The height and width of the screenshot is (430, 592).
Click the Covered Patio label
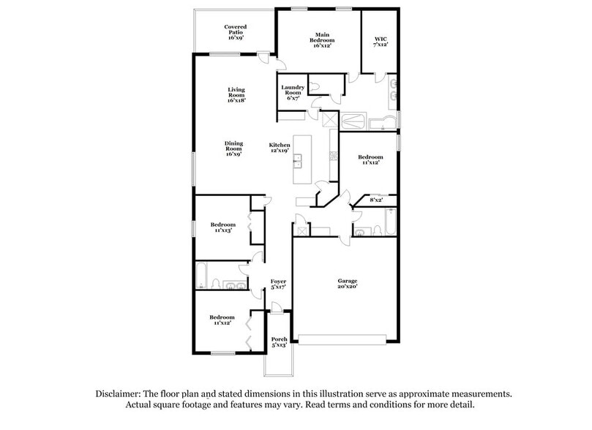235,31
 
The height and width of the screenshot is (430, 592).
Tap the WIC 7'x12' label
380,40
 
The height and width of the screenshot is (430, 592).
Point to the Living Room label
235,95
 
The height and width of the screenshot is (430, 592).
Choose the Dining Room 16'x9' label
233,148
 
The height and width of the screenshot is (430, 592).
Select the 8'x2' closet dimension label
376,199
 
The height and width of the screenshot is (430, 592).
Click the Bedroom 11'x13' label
223,227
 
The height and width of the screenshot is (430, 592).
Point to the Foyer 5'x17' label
278,284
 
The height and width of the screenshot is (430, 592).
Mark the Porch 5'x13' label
279,342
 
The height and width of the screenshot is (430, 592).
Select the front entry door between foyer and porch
278,312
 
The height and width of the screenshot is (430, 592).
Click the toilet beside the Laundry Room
315,86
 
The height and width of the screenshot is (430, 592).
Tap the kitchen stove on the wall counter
333,154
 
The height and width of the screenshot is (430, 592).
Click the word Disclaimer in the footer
119,393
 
